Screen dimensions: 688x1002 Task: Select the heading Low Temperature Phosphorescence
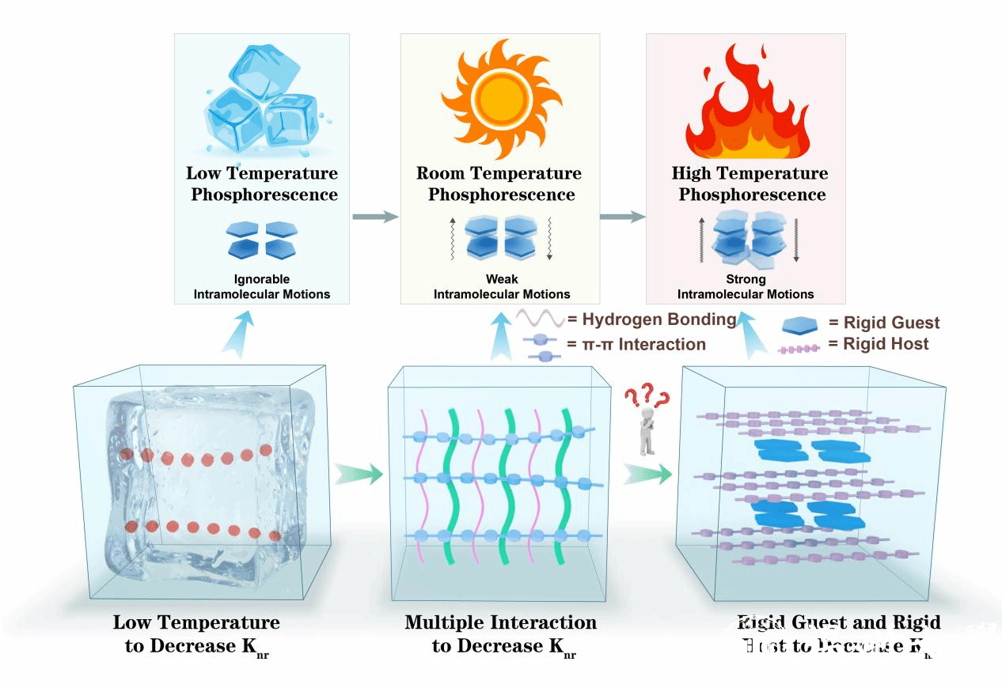click(262, 183)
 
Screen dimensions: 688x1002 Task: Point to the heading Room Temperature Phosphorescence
click(499, 183)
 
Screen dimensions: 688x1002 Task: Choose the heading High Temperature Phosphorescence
click(750, 183)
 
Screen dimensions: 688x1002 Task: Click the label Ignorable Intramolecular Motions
click(262, 286)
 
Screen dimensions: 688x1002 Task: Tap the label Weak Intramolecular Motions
click(502, 286)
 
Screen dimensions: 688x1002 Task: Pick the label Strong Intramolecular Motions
click(746, 286)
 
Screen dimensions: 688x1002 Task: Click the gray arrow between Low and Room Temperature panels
click(374, 216)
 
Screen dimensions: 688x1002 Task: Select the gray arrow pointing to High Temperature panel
click(622, 216)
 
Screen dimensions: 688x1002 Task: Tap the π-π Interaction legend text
click(636, 344)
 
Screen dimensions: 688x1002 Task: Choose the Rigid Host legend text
click(879, 344)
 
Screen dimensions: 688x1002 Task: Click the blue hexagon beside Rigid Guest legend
click(801, 324)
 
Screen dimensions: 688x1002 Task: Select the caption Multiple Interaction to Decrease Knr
click(501, 634)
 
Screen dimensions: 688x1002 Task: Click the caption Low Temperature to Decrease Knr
click(196, 634)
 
